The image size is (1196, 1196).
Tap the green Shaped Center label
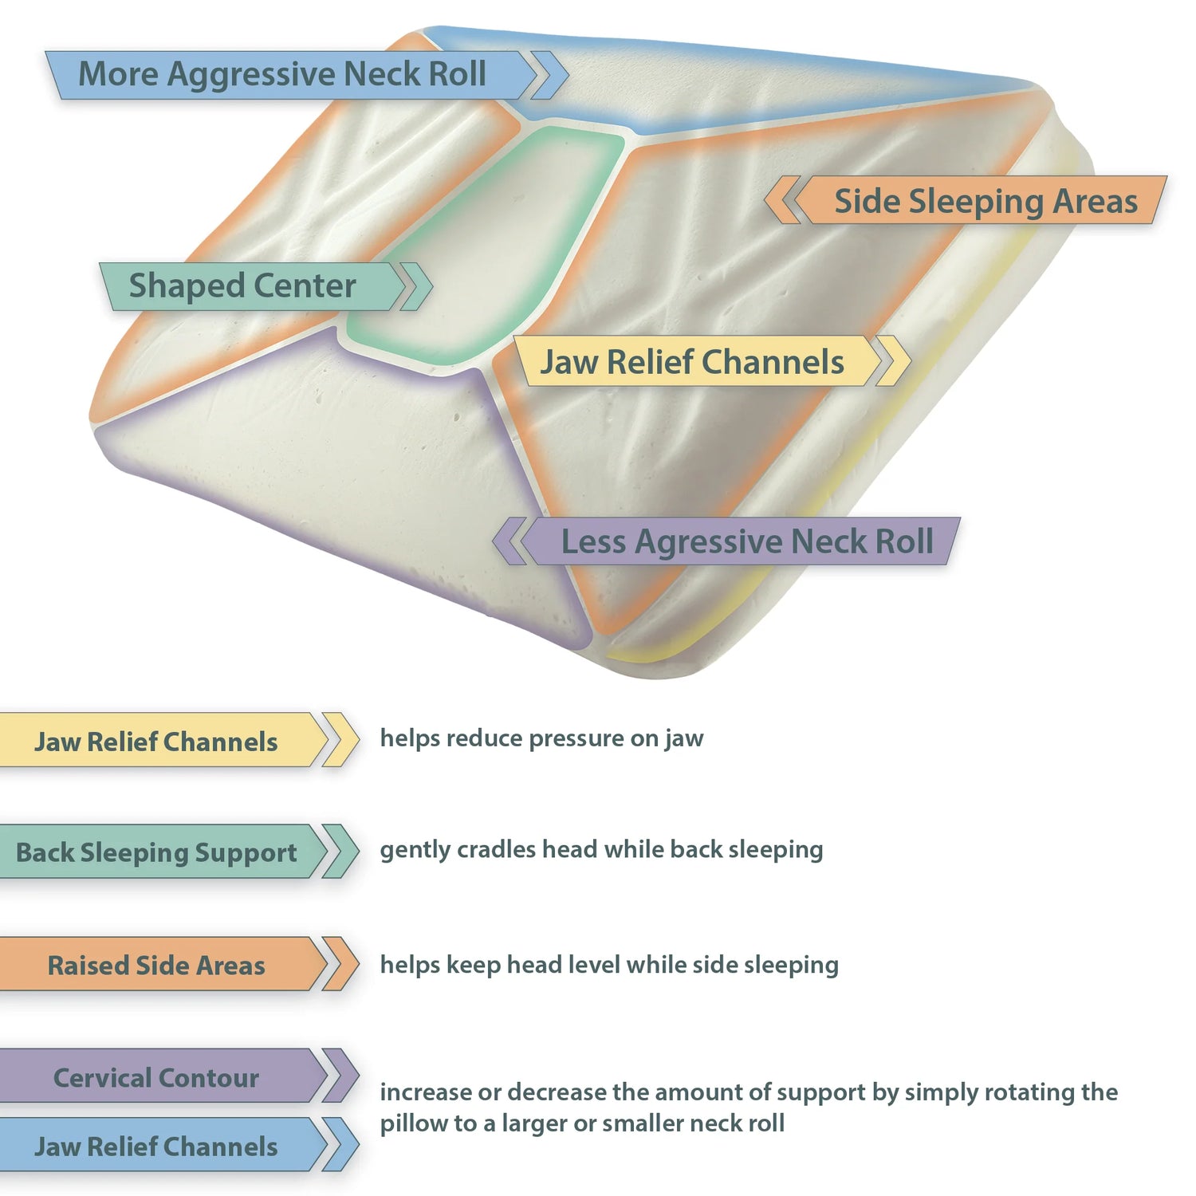coord(243,286)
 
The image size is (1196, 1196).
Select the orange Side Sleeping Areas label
coord(986,201)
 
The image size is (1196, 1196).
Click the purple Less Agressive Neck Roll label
coord(746,541)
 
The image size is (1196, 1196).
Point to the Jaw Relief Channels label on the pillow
coord(692,362)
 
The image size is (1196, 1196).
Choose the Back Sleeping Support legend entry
coord(156,852)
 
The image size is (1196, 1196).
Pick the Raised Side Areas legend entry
coord(156,965)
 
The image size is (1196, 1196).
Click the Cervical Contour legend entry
coord(156,1077)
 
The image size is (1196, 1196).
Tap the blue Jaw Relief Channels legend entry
coord(156,1146)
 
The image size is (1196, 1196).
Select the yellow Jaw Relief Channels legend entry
coord(156,742)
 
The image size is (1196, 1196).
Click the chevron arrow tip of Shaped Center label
coord(415,286)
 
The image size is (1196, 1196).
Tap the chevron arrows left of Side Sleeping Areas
coord(783,200)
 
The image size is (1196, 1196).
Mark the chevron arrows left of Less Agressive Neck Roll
coord(509,541)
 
